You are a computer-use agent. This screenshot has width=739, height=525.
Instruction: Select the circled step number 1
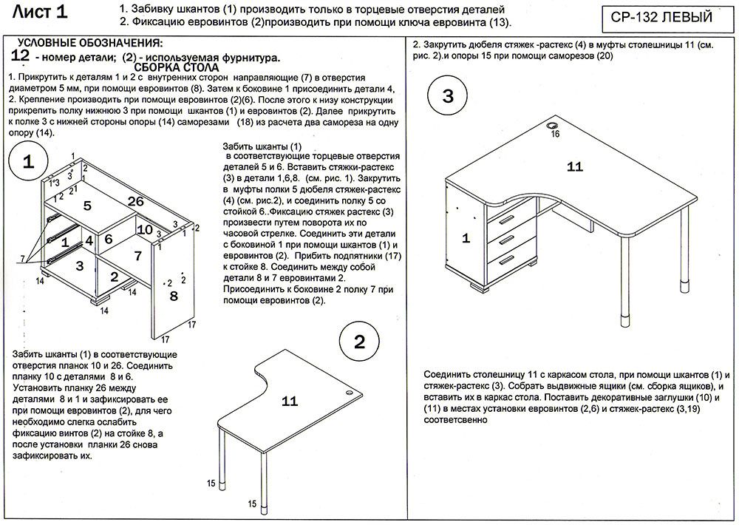[28, 163]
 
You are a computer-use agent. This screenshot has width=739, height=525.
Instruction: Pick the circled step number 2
[360, 342]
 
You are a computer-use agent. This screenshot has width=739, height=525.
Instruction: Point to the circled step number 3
[449, 96]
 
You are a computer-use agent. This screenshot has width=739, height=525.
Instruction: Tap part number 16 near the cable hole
[555, 134]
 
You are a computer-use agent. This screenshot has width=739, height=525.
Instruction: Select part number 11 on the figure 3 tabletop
[575, 166]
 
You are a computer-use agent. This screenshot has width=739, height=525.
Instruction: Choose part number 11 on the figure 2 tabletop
[290, 401]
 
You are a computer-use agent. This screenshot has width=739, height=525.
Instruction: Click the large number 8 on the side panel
[174, 296]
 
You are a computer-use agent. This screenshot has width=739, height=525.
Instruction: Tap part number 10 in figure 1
[145, 229]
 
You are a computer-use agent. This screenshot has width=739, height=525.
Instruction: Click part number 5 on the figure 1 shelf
[86, 206]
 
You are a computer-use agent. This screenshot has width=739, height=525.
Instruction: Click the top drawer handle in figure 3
[506, 220]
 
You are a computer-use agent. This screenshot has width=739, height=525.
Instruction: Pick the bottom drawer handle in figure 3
[506, 260]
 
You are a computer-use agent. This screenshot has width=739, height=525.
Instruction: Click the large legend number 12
[21, 56]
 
